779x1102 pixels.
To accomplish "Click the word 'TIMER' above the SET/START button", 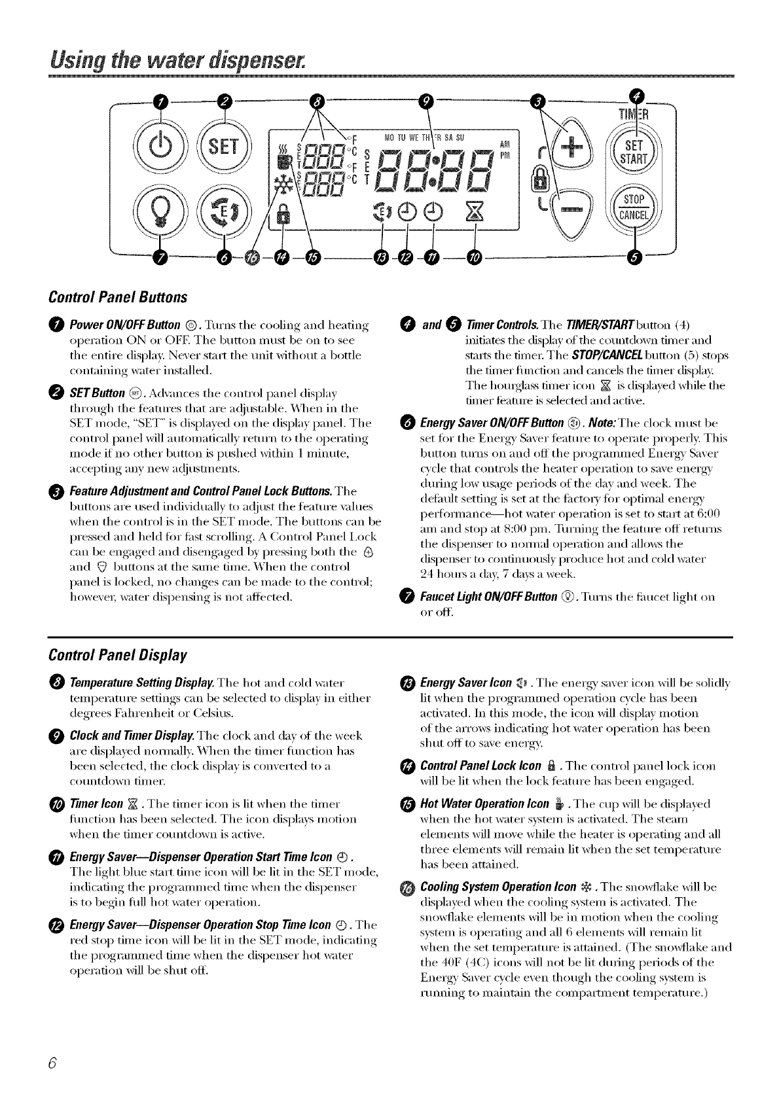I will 629,116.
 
